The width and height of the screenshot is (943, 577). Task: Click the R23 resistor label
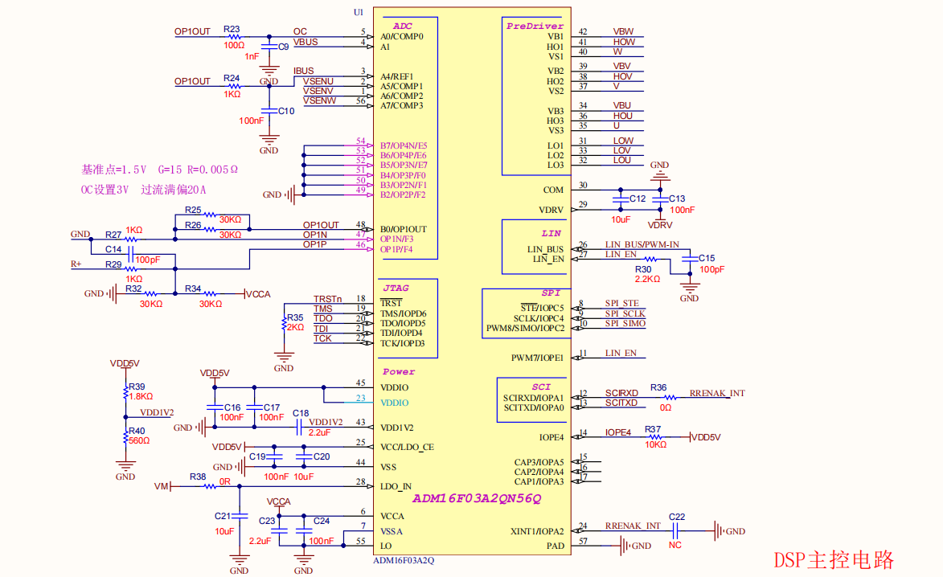pyautogui.click(x=232, y=29)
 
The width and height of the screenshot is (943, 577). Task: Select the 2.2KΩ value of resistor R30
pyautogui.click(x=646, y=279)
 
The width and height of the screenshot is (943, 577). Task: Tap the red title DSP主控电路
pyautogui.click(x=834, y=559)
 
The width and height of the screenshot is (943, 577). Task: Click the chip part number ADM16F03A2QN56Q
pyautogui.click(x=477, y=498)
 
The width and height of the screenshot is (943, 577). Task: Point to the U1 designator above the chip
pyautogui.click(x=359, y=12)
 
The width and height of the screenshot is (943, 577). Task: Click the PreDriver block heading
pyautogui.click(x=535, y=26)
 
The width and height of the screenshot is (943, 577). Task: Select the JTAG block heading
pyautogui.click(x=396, y=287)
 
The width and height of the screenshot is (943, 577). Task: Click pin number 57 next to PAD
pyautogui.click(x=584, y=542)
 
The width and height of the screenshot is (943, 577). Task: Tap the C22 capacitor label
pyautogui.click(x=677, y=517)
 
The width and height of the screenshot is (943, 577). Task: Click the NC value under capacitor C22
pyautogui.click(x=674, y=545)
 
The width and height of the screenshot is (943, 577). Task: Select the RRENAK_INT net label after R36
pyautogui.click(x=717, y=393)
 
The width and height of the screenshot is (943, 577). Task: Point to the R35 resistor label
pyautogui.click(x=295, y=317)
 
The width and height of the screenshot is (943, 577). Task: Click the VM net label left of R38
pyautogui.click(x=161, y=487)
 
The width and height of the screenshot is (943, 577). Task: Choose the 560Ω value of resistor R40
pyautogui.click(x=139, y=440)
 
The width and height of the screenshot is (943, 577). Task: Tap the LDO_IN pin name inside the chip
pyautogui.click(x=396, y=486)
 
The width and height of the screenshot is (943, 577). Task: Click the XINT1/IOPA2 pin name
pyautogui.click(x=537, y=531)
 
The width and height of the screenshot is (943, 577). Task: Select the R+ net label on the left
pyautogui.click(x=76, y=264)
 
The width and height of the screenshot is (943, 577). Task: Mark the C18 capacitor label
pyautogui.click(x=301, y=413)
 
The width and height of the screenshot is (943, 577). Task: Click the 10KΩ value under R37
pyautogui.click(x=655, y=444)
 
